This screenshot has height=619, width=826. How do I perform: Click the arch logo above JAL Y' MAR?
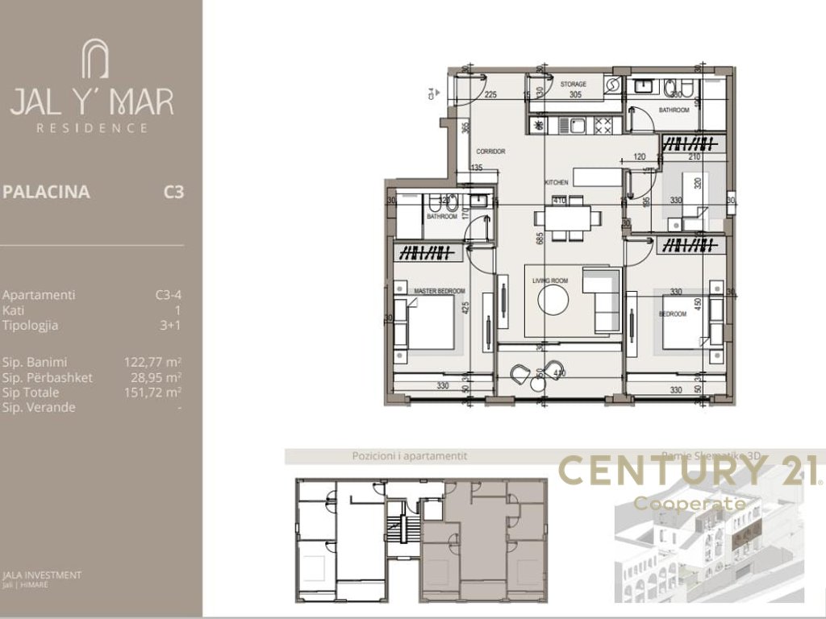click(94, 60)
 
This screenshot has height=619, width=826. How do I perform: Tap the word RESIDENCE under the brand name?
click(93, 127)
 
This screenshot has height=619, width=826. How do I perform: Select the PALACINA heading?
click(46, 193)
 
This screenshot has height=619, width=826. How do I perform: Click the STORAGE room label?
click(573, 84)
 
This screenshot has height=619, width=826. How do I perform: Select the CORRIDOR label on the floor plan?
click(490, 151)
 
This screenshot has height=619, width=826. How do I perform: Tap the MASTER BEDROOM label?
click(439, 290)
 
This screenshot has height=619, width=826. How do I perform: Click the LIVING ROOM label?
click(551, 280)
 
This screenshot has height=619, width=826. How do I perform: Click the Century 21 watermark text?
click(690, 472)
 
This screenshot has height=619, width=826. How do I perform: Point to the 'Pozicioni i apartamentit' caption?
click(409, 455)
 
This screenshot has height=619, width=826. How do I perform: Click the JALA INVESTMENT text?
click(42, 575)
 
